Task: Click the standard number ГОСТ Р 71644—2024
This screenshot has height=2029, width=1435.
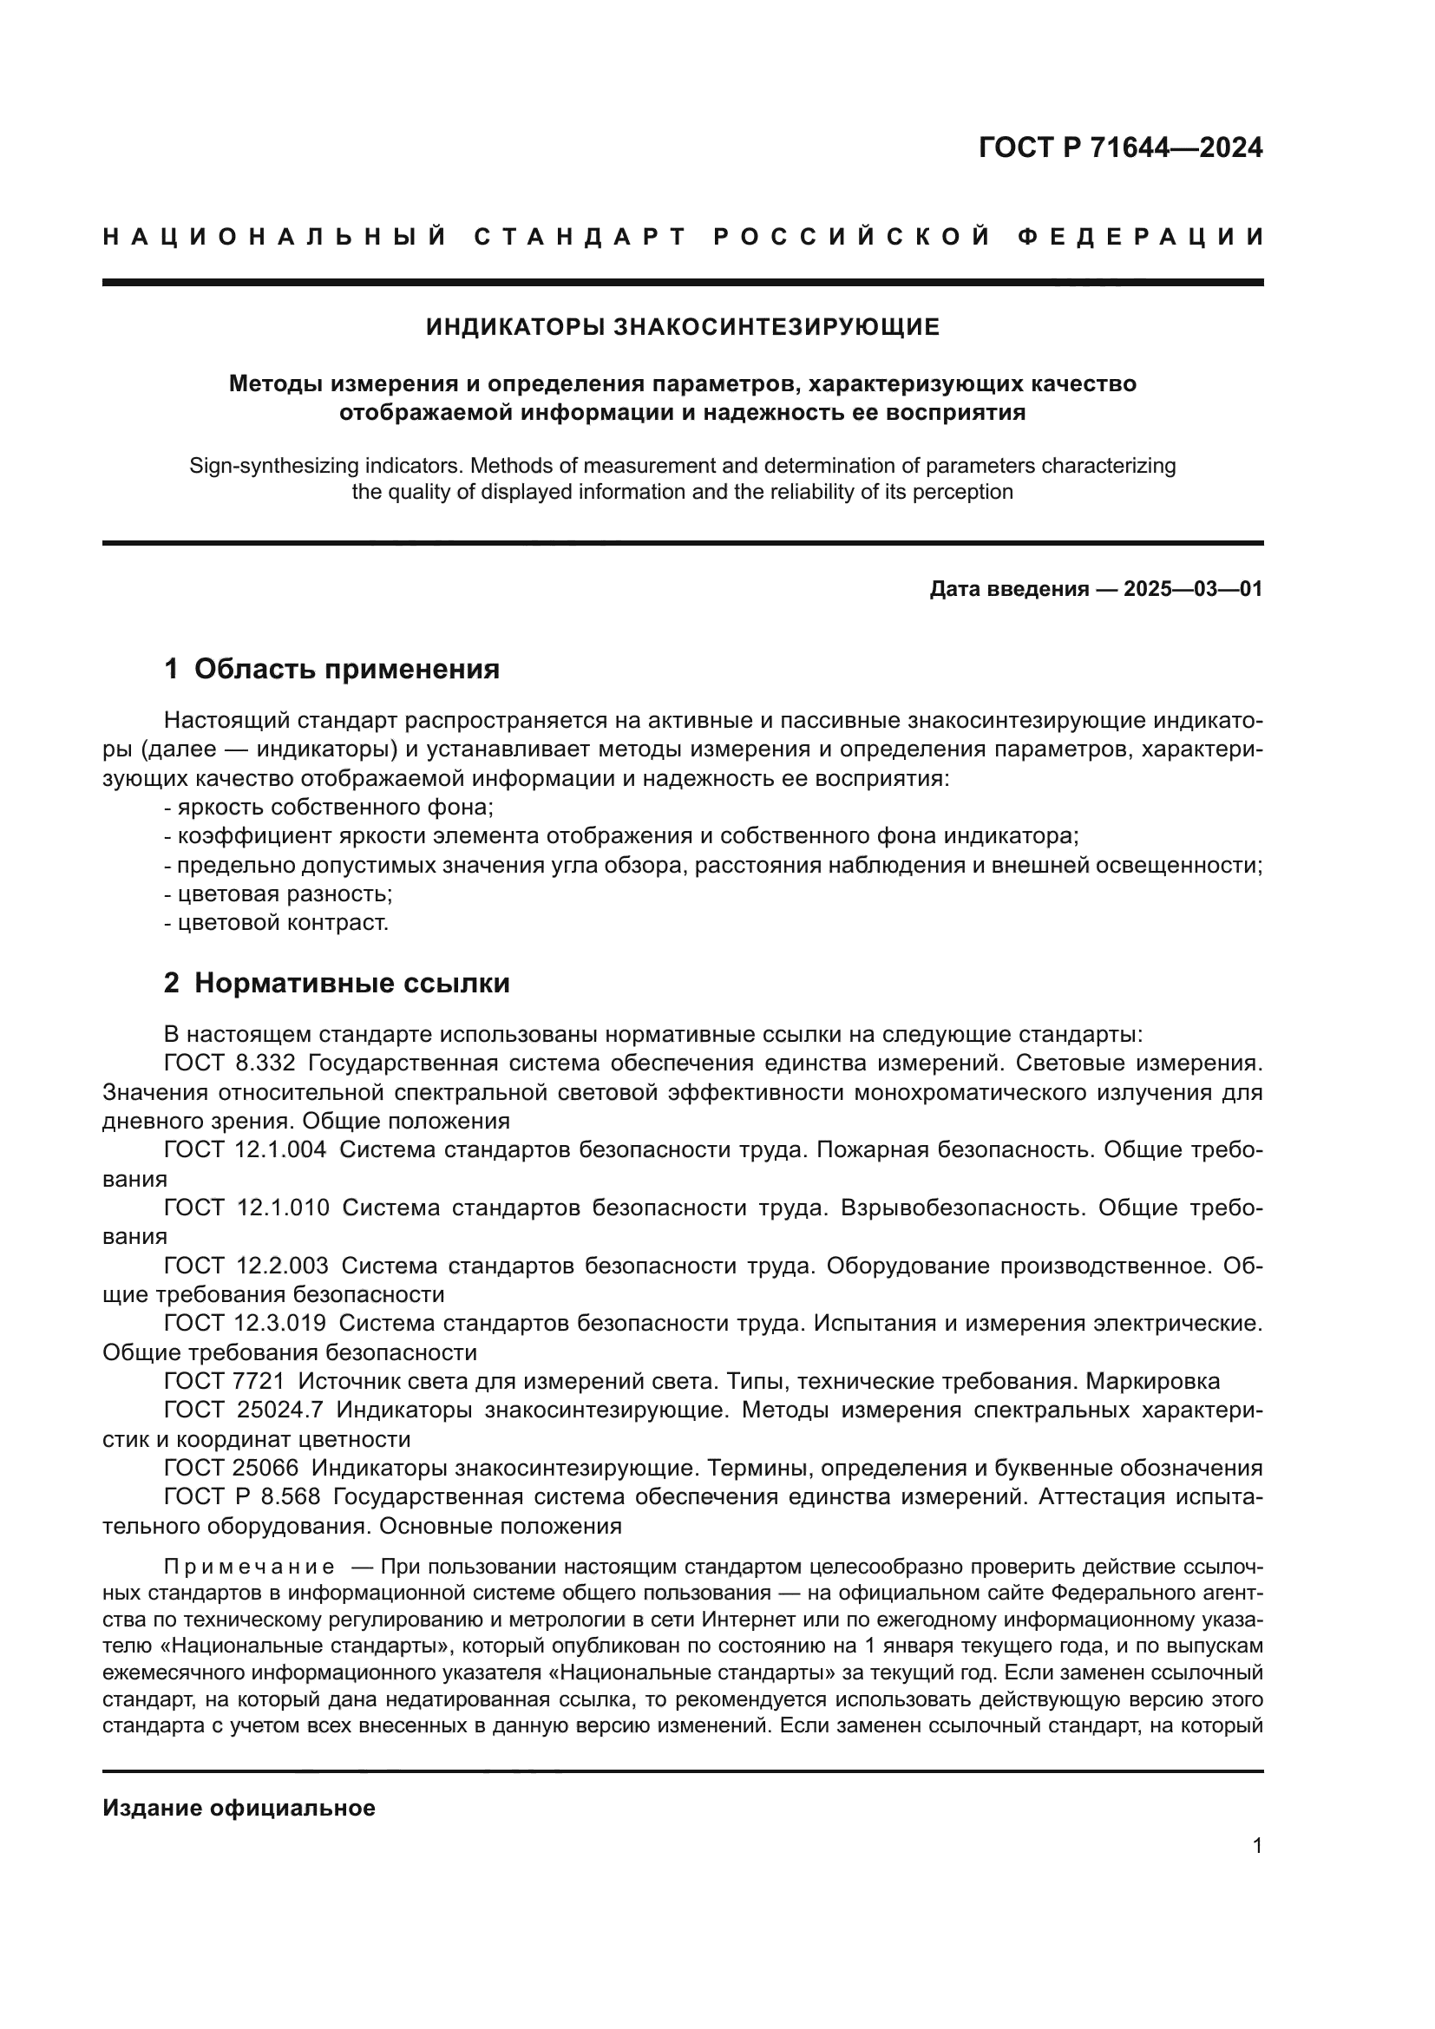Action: [1119, 147]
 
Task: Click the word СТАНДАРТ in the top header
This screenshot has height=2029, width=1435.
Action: [580, 237]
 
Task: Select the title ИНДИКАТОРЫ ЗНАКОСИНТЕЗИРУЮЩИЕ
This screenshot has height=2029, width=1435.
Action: [682, 328]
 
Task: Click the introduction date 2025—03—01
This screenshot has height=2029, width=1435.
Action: [1193, 589]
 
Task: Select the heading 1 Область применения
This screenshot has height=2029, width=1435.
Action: [331, 669]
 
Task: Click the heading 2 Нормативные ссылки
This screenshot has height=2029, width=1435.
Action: [337, 983]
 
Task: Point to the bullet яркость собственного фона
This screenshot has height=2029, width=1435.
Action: [329, 807]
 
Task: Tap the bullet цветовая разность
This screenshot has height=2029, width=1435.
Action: [278, 893]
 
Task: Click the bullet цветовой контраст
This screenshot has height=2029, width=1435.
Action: [277, 923]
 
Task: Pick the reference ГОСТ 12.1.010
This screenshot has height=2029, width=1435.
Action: [246, 1208]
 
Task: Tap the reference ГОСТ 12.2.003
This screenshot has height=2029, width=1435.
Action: [246, 1266]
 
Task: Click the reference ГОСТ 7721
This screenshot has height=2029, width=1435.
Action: [224, 1381]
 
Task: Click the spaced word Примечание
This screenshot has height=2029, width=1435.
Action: [248, 1568]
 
